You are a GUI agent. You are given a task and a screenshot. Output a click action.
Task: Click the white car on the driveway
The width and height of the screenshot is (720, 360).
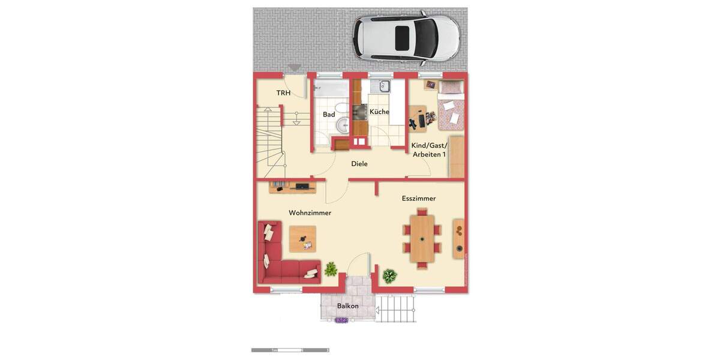pos(406,38)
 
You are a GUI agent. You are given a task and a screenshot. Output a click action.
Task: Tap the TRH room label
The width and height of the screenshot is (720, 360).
pos(283,93)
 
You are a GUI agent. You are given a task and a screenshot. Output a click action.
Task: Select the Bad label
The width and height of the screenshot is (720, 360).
pos(329,115)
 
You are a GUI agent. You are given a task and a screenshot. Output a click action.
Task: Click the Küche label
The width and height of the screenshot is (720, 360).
pos(379,112)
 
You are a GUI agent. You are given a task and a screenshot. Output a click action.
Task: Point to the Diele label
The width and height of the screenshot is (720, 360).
pos(359,164)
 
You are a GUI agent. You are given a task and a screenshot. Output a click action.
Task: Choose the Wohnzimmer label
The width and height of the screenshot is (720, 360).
pos(310,213)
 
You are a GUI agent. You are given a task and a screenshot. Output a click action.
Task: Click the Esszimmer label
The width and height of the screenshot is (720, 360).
pos(419,199)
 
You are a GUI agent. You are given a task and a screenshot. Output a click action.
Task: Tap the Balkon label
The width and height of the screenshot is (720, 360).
pos(348,306)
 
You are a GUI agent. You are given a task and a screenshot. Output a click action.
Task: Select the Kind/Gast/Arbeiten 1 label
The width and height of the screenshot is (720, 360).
pos(430,150)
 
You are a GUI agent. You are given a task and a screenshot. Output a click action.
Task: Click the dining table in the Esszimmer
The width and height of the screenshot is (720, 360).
pos(422,238)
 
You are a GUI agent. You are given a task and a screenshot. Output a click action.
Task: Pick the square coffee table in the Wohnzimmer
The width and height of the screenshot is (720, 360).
pos(302,239)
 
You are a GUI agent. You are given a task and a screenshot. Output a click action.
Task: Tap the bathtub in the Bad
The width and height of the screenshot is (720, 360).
pos(330,89)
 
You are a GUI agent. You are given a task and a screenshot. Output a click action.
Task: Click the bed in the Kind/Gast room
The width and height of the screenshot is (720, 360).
pos(450,106)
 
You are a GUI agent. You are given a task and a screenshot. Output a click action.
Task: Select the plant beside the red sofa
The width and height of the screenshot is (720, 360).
pos(331,269)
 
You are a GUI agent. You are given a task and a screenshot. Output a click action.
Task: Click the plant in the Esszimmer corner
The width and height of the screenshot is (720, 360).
pos(390,276)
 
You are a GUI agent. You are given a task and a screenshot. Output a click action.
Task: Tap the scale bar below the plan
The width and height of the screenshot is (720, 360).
pos(290,350)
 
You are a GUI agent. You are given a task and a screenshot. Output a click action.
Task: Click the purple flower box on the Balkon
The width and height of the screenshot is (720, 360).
pos(341,320)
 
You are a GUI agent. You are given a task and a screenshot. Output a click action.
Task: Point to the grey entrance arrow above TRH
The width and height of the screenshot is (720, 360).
pos(294,68)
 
